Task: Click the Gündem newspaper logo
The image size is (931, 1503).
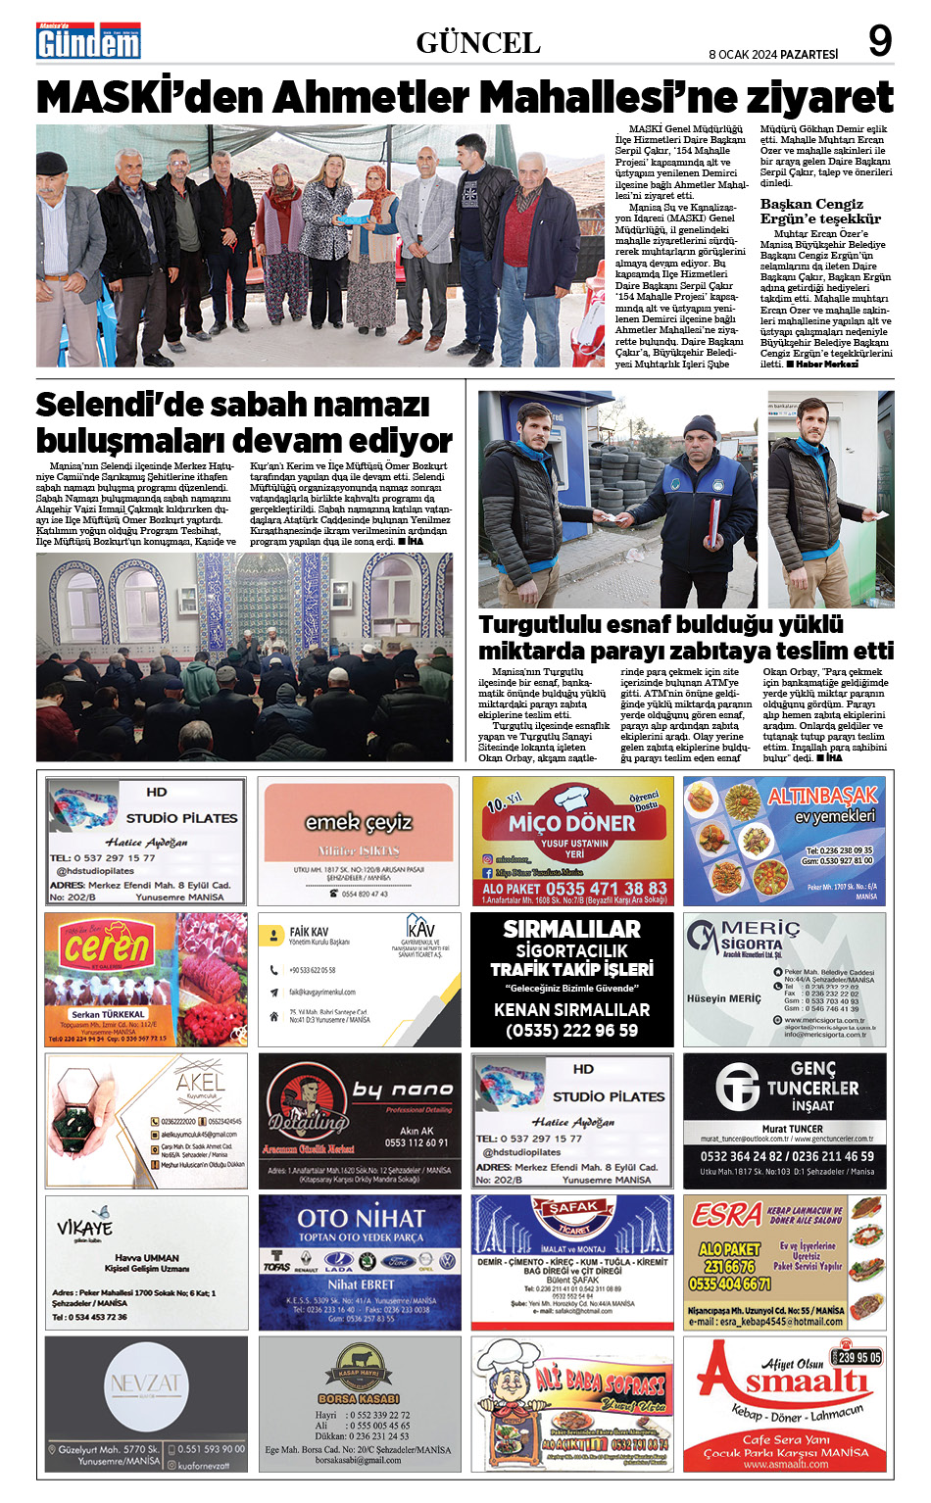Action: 88,41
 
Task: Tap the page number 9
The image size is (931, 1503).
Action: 880,42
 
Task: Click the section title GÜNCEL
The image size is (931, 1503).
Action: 478,43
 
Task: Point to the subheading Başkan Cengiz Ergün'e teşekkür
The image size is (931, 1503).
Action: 820,212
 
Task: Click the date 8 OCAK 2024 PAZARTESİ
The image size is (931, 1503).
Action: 773,55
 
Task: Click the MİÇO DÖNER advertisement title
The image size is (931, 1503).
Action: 572,824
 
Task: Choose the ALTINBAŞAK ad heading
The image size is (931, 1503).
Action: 822,796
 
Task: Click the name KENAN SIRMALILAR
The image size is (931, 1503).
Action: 571,1010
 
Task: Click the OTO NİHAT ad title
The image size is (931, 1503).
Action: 361,1219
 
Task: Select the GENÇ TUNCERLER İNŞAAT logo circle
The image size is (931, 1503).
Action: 737,1087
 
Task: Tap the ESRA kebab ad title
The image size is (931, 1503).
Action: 726,1215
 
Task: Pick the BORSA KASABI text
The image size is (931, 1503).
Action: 358,1398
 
